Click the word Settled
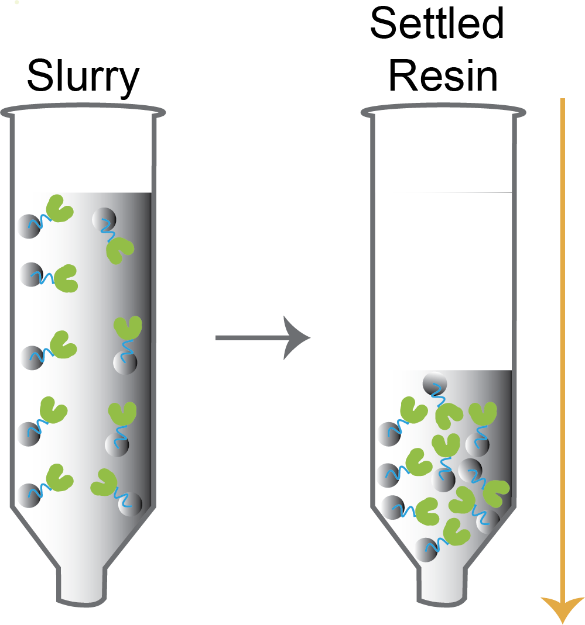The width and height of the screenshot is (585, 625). click(x=436, y=25)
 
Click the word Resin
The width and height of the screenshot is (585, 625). click(x=443, y=77)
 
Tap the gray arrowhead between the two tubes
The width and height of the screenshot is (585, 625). click(x=296, y=337)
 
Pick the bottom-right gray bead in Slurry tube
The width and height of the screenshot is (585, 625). click(x=130, y=502)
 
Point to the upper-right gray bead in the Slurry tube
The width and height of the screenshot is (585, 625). click(x=104, y=219)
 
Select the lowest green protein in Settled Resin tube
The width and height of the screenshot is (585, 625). click(x=457, y=531)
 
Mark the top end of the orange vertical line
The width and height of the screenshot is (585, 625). click(x=562, y=101)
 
